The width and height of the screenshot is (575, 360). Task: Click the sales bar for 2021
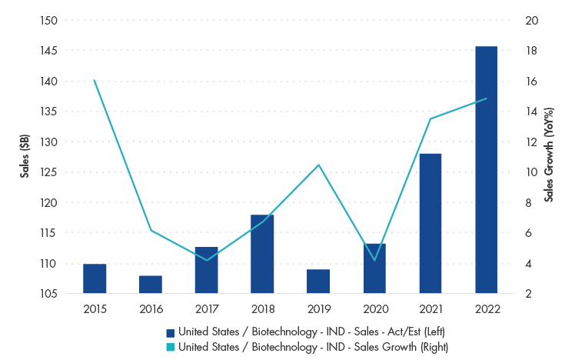pyautogui.click(x=430, y=223)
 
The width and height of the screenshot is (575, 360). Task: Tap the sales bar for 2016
pyautogui.click(x=151, y=284)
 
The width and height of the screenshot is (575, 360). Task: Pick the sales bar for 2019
pyautogui.click(x=318, y=281)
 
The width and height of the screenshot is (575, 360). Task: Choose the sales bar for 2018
pyautogui.click(x=262, y=254)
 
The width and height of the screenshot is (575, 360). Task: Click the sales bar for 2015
pyautogui.click(x=95, y=278)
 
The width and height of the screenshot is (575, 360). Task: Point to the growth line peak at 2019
pyautogui.click(x=318, y=165)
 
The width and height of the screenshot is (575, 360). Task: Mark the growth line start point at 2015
pyautogui.click(x=95, y=80)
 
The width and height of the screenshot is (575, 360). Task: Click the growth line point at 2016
pyautogui.click(x=151, y=230)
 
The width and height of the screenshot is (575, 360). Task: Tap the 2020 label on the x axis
pyautogui.click(x=374, y=308)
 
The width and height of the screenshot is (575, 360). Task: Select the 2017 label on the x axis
pyautogui.click(x=206, y=308)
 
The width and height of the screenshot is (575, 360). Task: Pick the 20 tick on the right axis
pyautogui.click(x=530, y=21)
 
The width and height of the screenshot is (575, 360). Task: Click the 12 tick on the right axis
pyautogui.click(x=530, y=142)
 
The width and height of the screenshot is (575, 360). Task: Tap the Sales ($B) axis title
pyautogui.click(x=25, y=157)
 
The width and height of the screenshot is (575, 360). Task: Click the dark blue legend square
pyautogui.click(x=171, y=332)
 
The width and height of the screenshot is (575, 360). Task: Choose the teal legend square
pyautogui.click(x=171, y=347)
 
